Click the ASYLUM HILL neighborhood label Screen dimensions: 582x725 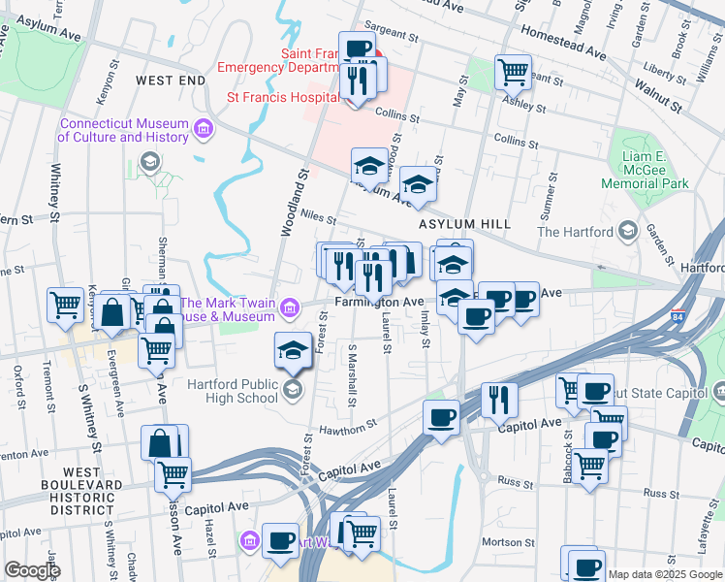click(463, 224)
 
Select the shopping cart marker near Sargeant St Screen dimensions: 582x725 click(513, 70)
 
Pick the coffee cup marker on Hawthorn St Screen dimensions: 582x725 click(441, 419)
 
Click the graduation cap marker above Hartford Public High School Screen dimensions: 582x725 click(294, 349)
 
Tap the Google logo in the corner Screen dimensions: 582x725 click(32, 571)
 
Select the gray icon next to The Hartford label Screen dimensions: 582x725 click(628, 231)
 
